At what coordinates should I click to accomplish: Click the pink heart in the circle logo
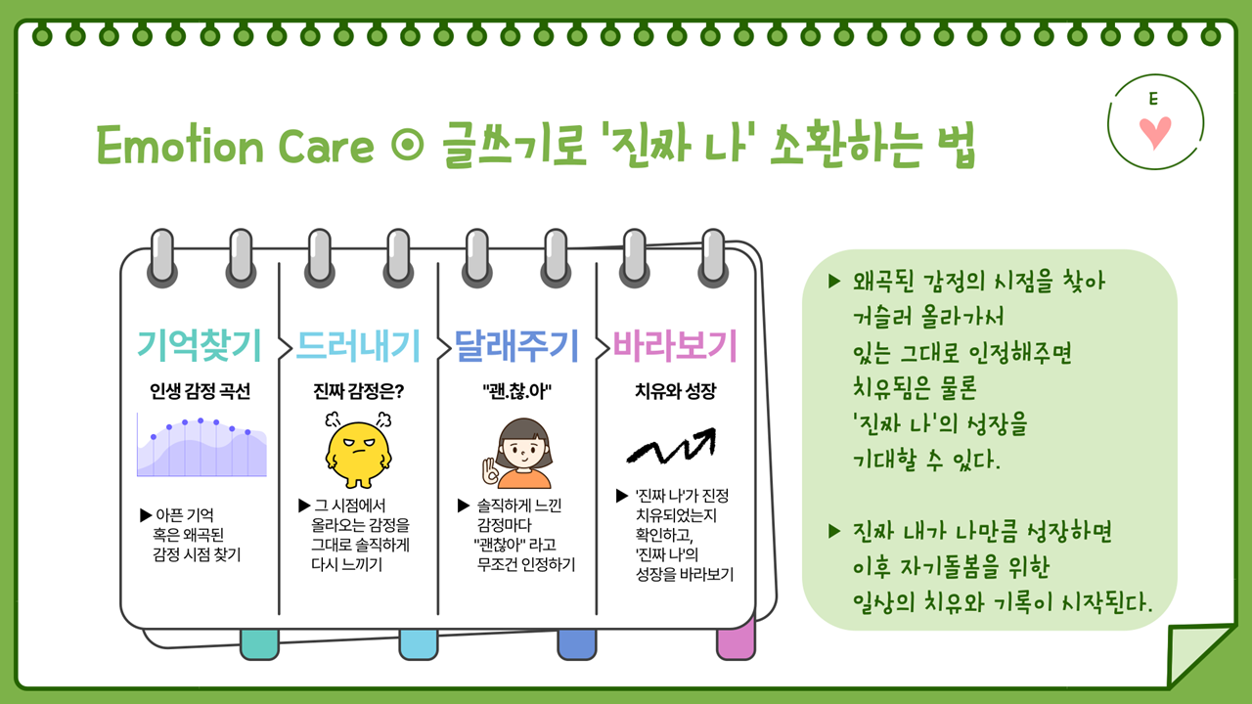pos(1156,132)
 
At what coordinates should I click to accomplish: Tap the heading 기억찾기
pos(200,345)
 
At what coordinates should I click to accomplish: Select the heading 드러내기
pos(358,345)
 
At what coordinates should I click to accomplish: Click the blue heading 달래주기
pos(516,345)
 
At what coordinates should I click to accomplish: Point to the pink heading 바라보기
pos(675,345)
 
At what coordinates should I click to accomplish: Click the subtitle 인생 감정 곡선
pos(200,392)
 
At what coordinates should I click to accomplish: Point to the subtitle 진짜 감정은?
pos(358,392)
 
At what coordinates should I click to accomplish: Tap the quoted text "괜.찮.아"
pos(516,392)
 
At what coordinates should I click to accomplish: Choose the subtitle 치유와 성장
pos(675,392)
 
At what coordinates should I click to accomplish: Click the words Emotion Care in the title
pos(235,146)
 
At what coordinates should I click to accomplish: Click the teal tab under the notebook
pos(259,644)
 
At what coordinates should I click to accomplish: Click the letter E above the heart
pos(1154,99)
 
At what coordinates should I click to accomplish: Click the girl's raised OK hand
pos(489,469)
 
